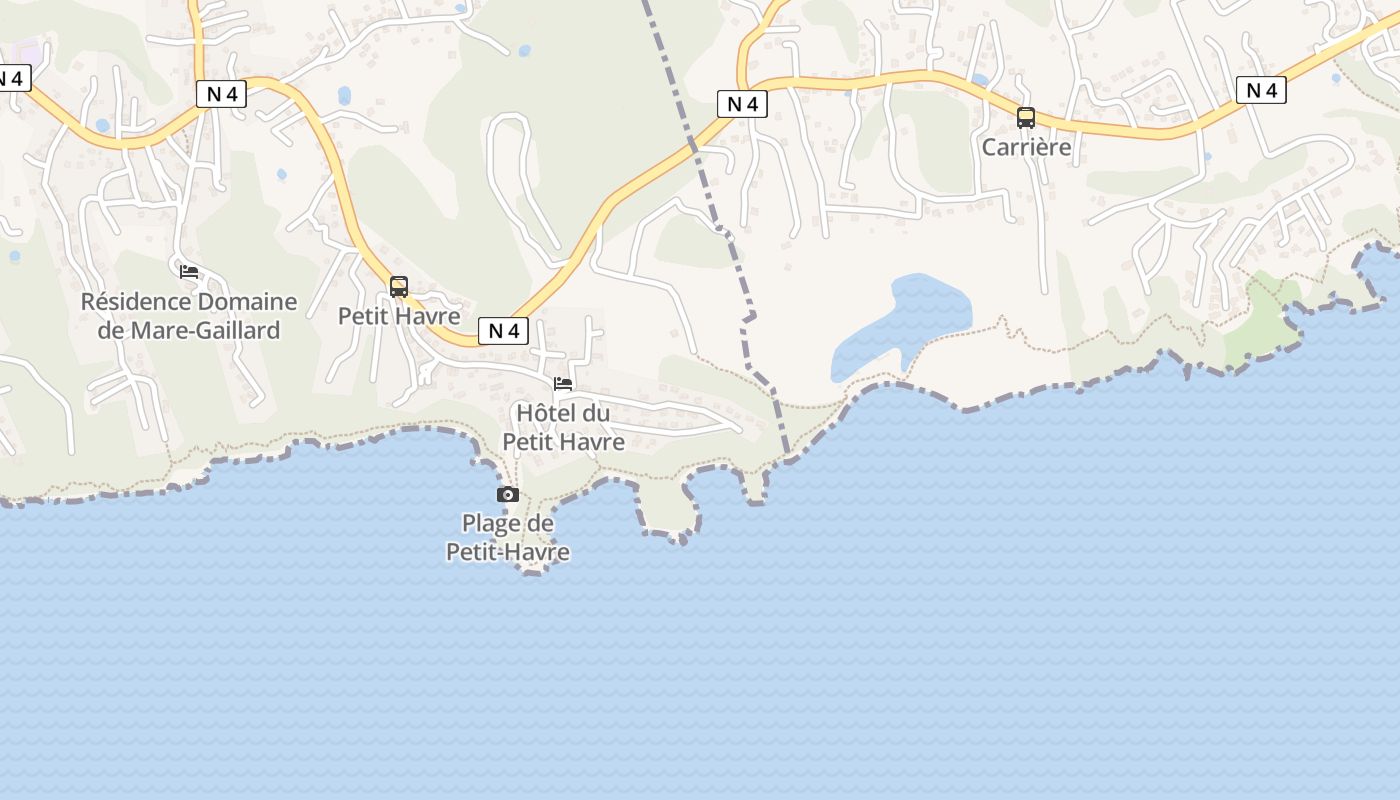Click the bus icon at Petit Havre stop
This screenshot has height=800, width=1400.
399,287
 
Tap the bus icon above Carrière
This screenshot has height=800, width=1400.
1026,118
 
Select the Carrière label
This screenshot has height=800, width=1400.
1026,147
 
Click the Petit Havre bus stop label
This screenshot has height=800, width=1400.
399,316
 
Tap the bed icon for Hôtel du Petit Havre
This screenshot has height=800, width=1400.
563,383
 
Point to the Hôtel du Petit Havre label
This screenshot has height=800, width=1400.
563,427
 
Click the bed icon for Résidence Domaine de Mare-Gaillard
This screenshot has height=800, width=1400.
189,271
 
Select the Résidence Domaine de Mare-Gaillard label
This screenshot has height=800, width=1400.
189,316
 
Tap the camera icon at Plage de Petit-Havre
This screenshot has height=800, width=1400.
508,494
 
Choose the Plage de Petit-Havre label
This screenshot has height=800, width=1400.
508,537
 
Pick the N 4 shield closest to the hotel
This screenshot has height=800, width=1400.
503,331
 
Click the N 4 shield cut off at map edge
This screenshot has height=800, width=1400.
14,78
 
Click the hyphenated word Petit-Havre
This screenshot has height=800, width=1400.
508,552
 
